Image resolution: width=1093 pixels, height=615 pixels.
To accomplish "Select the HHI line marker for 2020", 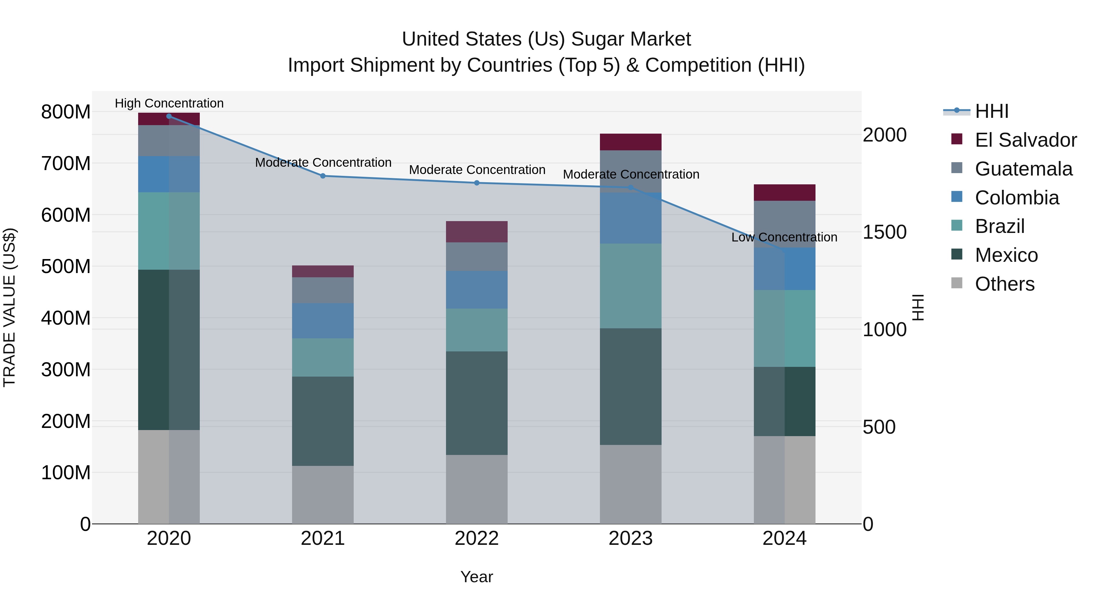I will (169, 116).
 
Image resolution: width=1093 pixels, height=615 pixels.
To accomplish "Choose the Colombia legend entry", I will (1016, 198).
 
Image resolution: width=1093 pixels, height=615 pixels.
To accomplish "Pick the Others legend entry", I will (1004, 284).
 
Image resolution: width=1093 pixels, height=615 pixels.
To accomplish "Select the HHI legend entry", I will (991, 111).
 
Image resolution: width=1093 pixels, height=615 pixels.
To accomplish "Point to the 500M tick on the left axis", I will (66, 267).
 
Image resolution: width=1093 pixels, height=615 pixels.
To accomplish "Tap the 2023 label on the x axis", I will (631, 538).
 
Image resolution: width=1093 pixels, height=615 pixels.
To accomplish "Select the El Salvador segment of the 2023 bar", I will (631, 142).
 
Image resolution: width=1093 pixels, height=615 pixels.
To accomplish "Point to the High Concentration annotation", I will (169, 103).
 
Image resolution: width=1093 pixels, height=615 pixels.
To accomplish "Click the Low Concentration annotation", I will (784, 237).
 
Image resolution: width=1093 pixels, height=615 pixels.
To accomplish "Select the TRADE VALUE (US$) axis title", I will (9, 307).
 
